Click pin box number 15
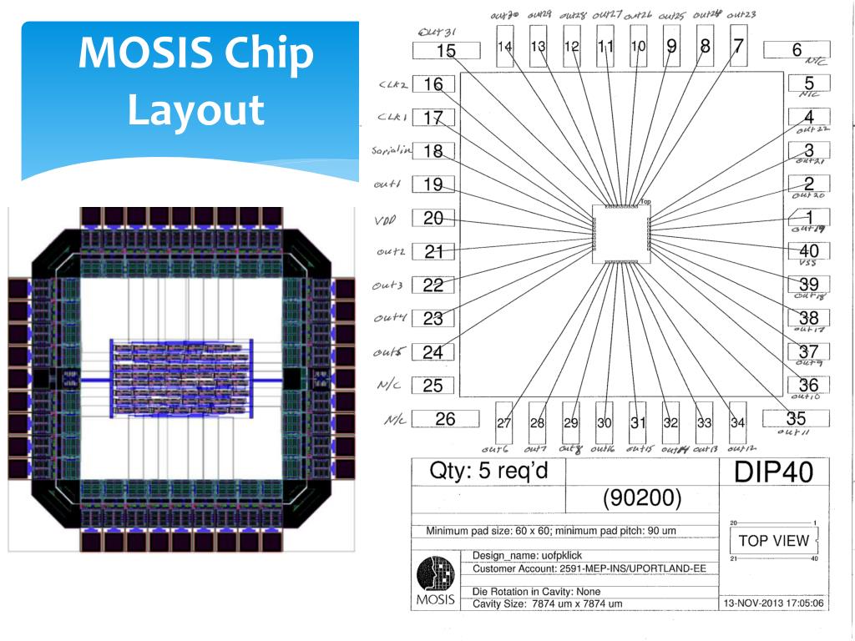(447, 51)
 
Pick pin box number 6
(797, 50)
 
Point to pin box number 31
(638, 422)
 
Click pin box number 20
(433, 219)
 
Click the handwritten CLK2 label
(393, 84)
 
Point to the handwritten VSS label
(807, 263)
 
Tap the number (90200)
(642, 499)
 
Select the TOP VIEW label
(773, 540)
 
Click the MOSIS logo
(434, 576)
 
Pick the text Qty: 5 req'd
(488, 471)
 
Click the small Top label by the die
(645, 202)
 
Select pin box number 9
(672, 48)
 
